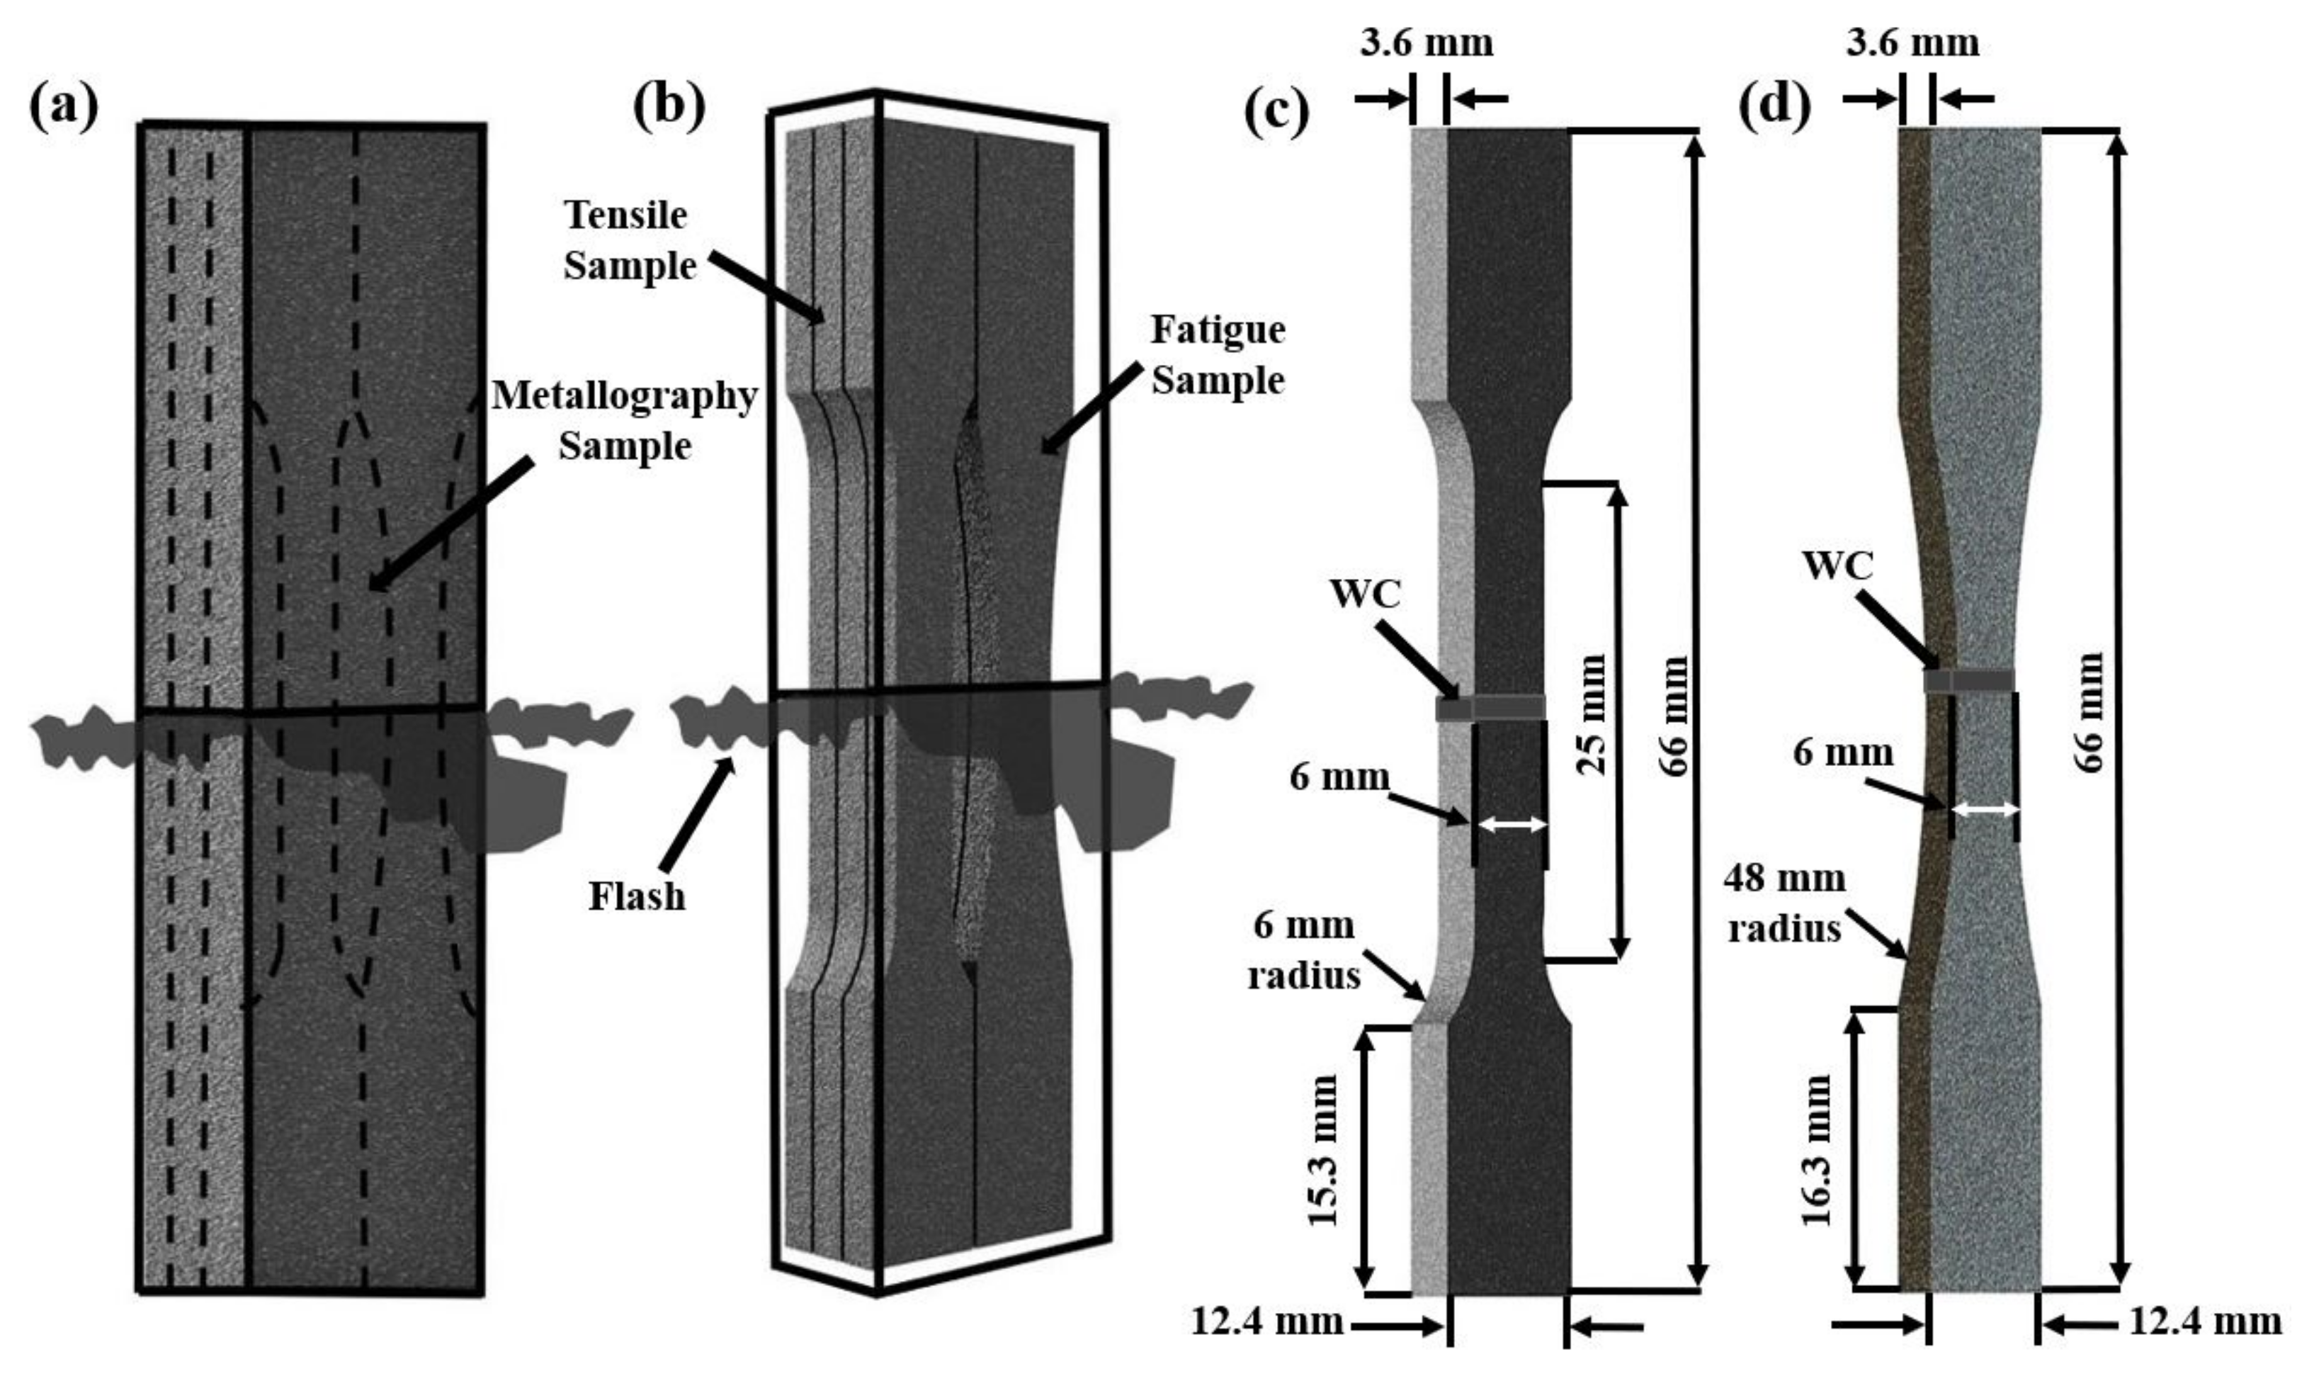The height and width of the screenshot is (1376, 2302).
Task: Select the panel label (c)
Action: [1277, 111]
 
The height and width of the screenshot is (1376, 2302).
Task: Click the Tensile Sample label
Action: [629, 240]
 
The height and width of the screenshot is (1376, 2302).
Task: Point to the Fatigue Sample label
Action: [1218, 354]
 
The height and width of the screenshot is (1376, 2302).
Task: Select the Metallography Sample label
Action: [625, 421]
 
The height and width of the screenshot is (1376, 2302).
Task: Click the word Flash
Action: [637, 896]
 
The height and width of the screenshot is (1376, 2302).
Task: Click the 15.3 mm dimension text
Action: [1323, 1150]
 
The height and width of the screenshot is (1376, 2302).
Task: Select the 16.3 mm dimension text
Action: [1816, 1150]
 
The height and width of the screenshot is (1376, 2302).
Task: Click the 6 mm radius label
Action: [1304, 950]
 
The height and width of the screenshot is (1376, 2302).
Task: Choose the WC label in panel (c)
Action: [1364, 595]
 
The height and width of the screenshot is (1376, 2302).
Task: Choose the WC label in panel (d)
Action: [1838, 565]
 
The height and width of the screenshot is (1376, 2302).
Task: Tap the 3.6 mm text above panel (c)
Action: [1427, 43]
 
